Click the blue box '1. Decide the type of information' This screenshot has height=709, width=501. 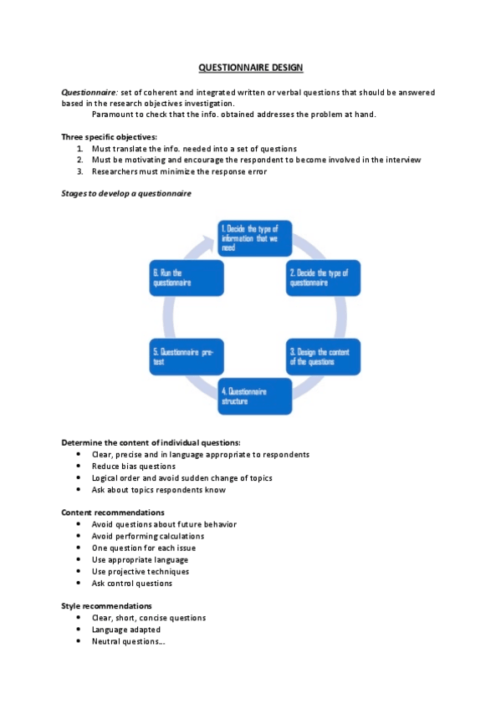[x=253, y=237]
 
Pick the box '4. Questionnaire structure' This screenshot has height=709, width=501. [x=254, y=395]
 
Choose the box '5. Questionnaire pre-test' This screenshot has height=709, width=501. [x=187, y=357]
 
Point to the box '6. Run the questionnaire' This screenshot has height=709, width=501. [x=187, y=278]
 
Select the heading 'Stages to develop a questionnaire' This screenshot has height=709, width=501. [x=126, y=194]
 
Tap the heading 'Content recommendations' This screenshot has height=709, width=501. [x=113, y=512]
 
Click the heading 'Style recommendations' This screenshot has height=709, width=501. [x=107, y=605]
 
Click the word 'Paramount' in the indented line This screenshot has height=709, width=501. [x=114, y=115]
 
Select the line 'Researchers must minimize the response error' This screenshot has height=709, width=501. [x=179, y=171]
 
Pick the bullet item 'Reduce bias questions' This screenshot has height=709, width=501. [x=134, y=466]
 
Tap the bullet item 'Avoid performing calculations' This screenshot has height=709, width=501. [x=147, y=536]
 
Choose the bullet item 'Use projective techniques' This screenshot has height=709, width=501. [x=141, y=571]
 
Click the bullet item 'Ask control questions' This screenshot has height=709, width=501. [x=132, y=583]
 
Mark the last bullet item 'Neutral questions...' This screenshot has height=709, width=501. [x=129, y=641]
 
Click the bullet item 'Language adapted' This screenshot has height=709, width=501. [x=126, y=630]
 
